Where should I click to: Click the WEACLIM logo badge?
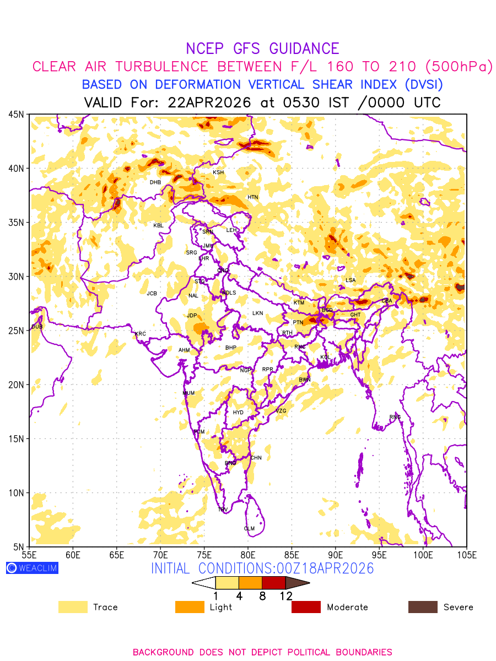[x=32, y=568]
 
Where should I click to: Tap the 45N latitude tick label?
[x=16, y=115]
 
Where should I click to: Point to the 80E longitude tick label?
[x=248, y=554]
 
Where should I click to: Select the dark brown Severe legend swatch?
[x=423, y=607]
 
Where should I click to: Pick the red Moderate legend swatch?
[x=306, y=607]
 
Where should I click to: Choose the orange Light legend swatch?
[x=189, y=607]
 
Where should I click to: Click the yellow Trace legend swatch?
[x=73, y=607]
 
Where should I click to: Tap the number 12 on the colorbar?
[x=285, y=595]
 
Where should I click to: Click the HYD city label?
[x=238, y=413]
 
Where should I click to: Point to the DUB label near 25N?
[x=37, y=327]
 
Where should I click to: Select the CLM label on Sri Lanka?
[x=249, y=529]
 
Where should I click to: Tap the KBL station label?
[x=159, y=225]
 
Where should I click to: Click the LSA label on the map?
[x=351, y=280]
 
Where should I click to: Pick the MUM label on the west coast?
[x=188, y=393]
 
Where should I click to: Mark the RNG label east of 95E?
[x=395, y=417]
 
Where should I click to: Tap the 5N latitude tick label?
[x=18, y=546]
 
